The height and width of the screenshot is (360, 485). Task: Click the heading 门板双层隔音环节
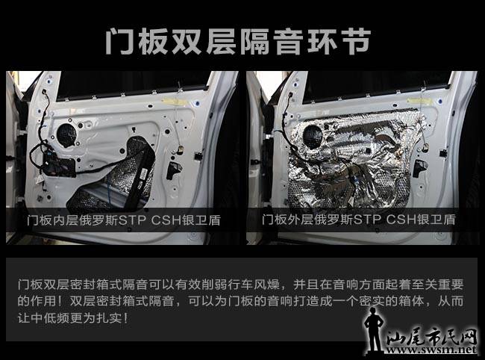(237, 41)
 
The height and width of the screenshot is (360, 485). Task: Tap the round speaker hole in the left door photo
(66, 135)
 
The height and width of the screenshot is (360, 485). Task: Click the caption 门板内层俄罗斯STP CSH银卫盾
(124, 220)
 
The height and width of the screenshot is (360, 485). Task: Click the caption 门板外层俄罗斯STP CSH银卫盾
(359, 220)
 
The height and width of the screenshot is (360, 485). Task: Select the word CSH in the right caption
(401, 220)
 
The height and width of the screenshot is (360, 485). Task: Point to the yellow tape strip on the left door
(174, 102)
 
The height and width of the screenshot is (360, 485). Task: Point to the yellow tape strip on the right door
(418, 101)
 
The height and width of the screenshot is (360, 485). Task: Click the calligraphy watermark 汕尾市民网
(431, 336)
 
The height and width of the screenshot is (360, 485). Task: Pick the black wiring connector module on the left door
(59, 165)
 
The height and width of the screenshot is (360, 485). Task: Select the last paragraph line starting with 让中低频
(72, 318)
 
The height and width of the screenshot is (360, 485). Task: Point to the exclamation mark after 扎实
(125, 318)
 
